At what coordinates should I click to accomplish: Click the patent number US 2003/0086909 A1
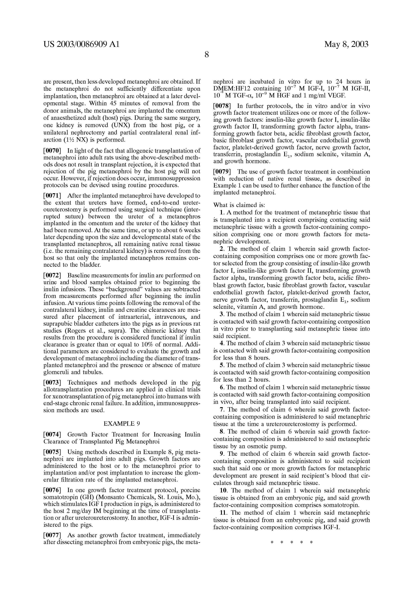[81, 44]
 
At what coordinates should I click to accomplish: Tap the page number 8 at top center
[206, 55]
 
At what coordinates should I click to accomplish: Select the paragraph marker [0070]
[52, 151]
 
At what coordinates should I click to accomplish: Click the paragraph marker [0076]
[52, 497]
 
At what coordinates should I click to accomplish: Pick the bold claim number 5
[222, 365]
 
